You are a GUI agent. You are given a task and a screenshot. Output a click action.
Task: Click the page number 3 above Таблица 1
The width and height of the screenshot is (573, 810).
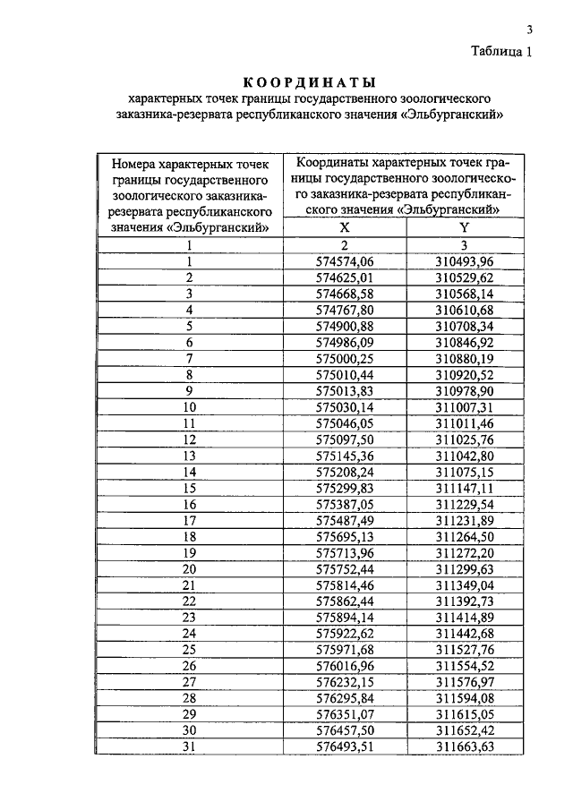tap(529, 30)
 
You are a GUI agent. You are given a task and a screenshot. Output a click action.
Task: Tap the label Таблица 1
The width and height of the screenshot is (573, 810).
tap(502, 51)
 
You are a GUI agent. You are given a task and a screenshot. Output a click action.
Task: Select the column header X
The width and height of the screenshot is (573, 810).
tap(345, 227)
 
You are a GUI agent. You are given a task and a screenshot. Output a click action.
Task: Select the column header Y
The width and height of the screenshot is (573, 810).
tap(464, 227)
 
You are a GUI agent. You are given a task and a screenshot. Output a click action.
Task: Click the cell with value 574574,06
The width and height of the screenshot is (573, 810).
tap(345, 260)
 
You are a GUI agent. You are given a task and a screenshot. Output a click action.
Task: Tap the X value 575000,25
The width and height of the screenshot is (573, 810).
tap(345, 358)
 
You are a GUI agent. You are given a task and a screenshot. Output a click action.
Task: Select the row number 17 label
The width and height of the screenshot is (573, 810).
tap(190, 520)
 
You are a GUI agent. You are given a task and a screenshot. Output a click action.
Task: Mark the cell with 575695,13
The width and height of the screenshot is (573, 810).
tap(345, 536)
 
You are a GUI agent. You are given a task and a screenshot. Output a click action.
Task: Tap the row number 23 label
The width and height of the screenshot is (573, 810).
tap(190, 618)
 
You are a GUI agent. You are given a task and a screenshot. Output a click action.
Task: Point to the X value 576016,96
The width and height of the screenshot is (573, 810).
tap(345, 666)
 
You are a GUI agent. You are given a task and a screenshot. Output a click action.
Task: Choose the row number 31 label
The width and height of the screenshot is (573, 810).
tap(190, 746)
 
